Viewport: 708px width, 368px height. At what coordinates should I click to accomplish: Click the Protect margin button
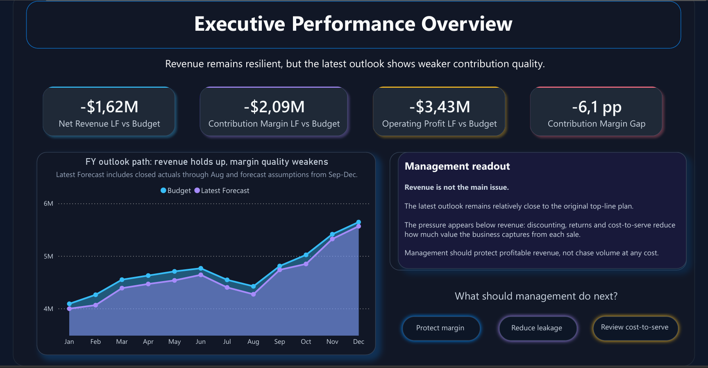point(440,328)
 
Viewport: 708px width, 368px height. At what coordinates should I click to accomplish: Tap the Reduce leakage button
point(537,328)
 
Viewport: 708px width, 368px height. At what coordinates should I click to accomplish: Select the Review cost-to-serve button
point(635,327)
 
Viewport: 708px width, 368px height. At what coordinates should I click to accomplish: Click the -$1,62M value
point(109,107)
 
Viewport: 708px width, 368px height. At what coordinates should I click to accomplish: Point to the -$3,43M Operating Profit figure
point(440,107)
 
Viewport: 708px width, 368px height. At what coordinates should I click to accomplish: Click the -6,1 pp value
point(597,107)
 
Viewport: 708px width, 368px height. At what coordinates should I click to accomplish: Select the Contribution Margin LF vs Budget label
point(274,124)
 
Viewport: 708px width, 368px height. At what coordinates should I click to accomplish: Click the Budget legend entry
point(176,191)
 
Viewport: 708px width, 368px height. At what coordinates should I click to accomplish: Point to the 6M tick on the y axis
point(48,204)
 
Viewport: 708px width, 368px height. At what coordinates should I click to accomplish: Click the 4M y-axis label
point(48,309)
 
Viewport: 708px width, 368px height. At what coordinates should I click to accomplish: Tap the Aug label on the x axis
point(253,342)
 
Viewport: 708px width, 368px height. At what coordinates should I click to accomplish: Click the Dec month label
point(359,342)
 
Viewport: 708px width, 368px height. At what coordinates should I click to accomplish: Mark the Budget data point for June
point(201,268)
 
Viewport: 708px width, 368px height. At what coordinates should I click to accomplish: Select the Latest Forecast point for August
point(253,294)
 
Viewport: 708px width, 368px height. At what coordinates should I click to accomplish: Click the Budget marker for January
point(69,304)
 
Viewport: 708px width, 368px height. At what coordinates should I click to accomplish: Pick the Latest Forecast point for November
point(332,239)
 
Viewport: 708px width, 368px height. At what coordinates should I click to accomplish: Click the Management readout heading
point(457,166)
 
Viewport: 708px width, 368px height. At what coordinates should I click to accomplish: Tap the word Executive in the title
point(240,24)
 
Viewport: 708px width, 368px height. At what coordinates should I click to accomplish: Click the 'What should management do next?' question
point(536,296)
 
